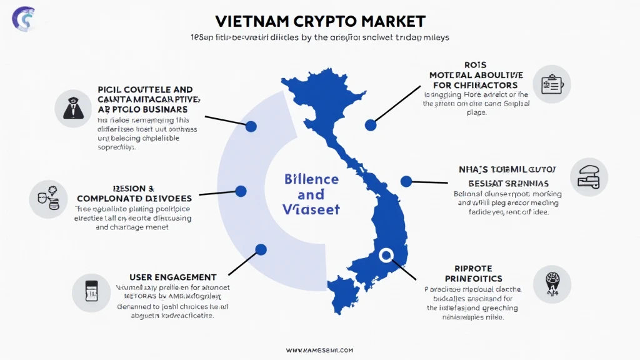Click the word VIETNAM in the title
(x=249, y=21)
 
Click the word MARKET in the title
(x=394, y=21)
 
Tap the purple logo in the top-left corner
(x=24, y=18)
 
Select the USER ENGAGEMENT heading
(x=172, y=277)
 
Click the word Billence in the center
(x=311, y=179)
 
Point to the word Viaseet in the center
(x=311, y=210)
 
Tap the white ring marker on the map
(x=386, y=254)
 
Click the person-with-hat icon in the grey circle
(x=74, y=108)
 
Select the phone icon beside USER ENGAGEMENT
(x=91, y=292)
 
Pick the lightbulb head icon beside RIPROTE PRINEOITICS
(x=552, y=282)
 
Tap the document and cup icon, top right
(x=551, y=84)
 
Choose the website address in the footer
(x=319, y=350)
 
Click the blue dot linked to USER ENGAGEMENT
(x=261, y=249)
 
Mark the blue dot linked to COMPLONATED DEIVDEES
(x=241, y=191)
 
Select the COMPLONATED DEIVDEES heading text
(x=143, y=198)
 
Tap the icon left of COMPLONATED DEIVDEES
(x=48, y=199)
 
